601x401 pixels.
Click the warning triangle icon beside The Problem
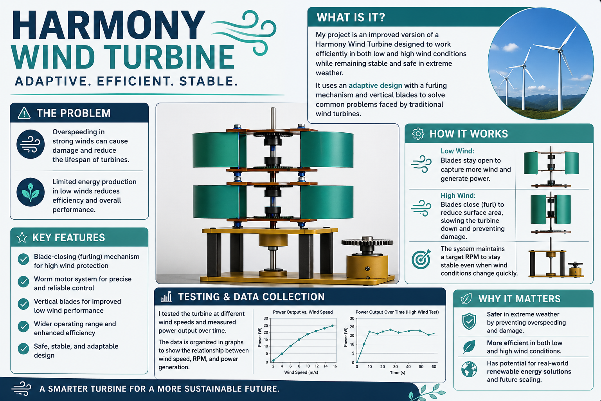pyautogui.click(x=24, y=113)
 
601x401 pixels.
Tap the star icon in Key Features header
pyautogui.click(x=22, y=237)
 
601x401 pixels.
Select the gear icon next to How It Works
pyautogui.click(x=418, y=134)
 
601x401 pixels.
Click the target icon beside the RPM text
pyautogui.click(x=421, y=259)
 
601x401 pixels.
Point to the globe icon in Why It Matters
pyautogui.click(x=469, y=369)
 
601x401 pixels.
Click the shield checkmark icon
pyautogui.click(x=469, y=321)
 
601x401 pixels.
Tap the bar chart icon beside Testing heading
pyautogui.click(x=166, y=297)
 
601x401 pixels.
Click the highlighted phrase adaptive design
pyautogui.click(x=375, y=85)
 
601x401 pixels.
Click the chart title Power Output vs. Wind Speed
pyautogui.click(x=302, y=312)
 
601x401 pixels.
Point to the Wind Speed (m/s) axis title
pyautogui.click(x=301, y=372)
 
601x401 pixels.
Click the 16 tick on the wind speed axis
pyautogui.click(x=335, y=366)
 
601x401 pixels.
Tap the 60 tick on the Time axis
pyautogui.click(x=434, y=367)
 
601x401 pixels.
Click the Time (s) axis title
pyautogui.click(x=398, y=372)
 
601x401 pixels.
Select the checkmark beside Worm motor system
pyautogui.click(x=23, y=282)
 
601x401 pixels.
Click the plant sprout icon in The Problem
pyautogui.click(x=30, y=192)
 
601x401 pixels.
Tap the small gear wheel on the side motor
pyautogui.click(x=367, y=242)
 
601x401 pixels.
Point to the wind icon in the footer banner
pyautogui.click(x=22, y=388)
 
